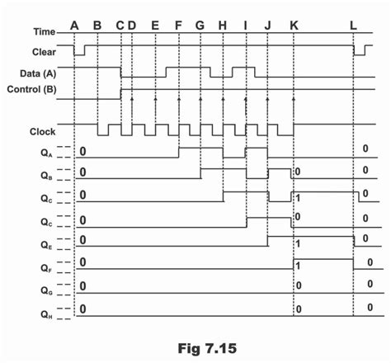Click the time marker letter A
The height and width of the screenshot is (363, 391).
point(75,26)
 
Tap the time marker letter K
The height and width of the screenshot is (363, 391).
point(294,26)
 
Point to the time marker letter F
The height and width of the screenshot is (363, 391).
point(179,26)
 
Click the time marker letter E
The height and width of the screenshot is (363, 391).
point(155,26)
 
